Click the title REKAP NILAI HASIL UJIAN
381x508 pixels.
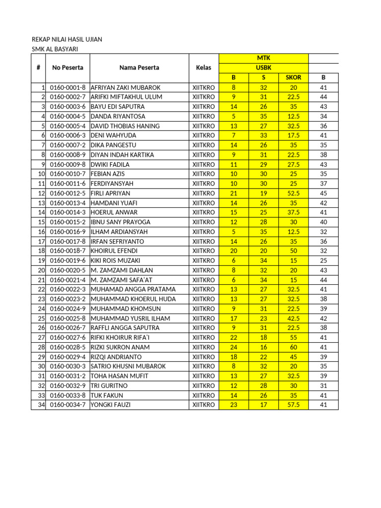click(67, 39)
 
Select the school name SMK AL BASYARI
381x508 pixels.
click(55, 49)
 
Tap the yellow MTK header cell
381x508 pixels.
click(263, 59)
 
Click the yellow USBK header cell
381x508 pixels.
click(263, 68)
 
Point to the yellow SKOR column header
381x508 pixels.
click(293, 78)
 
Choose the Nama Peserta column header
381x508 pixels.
click(139, 68)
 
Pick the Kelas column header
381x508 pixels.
click(203, 68)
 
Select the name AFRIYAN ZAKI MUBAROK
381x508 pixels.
click(126, 87)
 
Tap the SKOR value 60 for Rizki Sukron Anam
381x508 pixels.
click(293, 347)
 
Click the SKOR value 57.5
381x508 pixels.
click(293, 405)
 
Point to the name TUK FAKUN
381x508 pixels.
click(107, 395)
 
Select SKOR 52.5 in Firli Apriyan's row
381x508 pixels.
click(293, 193)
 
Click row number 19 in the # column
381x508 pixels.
click(41, 260)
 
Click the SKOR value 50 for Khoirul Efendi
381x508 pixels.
click(293, 251)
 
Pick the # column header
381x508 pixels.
click(38, 68)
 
